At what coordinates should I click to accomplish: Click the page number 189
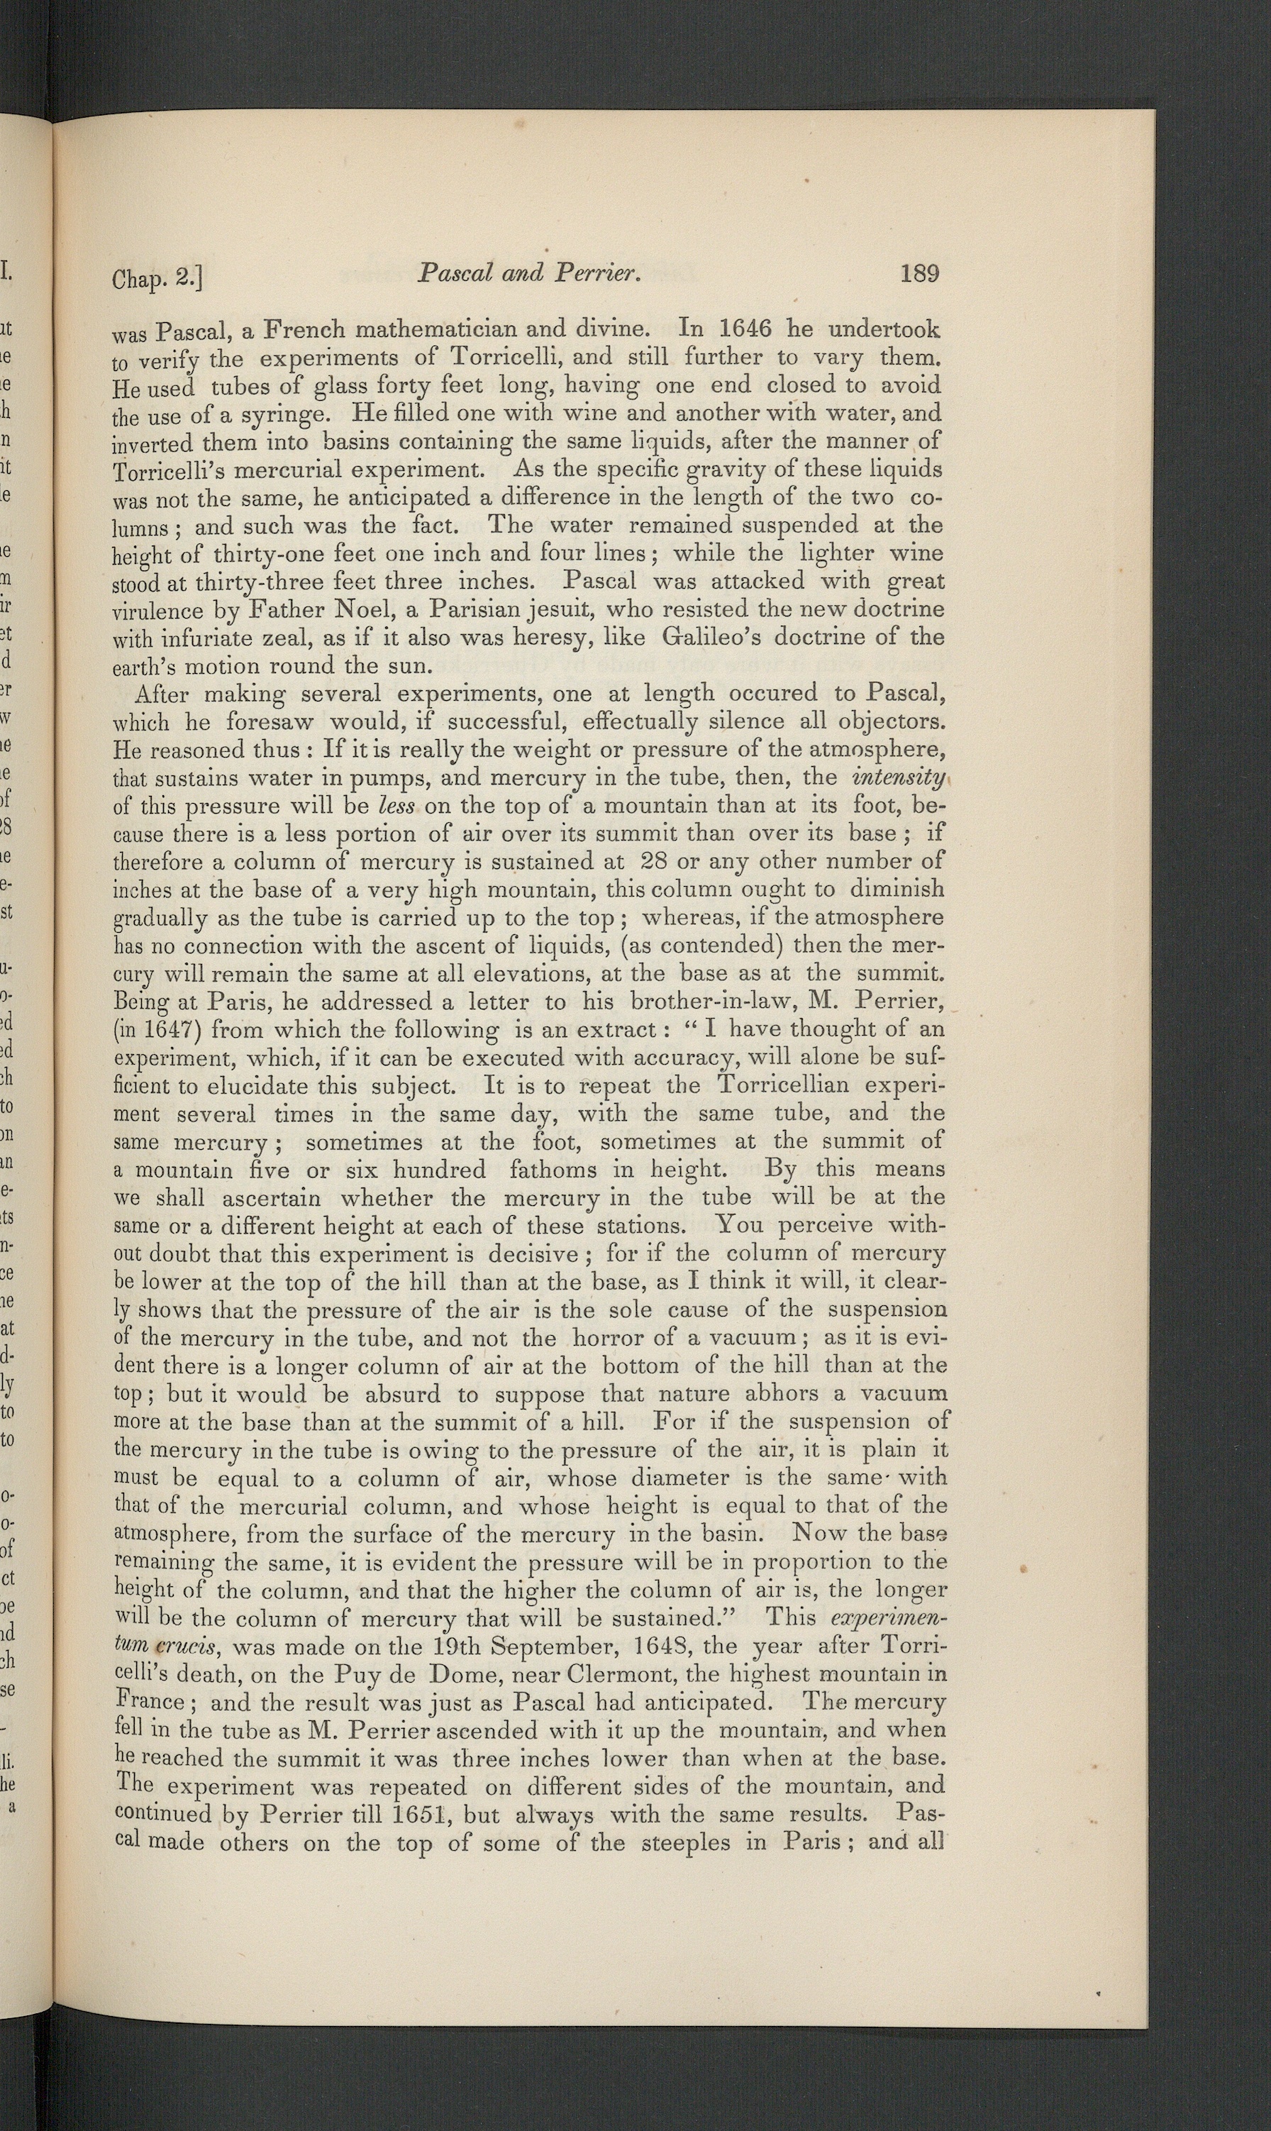[x=920, y=274]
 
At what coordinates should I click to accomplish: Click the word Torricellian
[x=784, y=1086]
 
